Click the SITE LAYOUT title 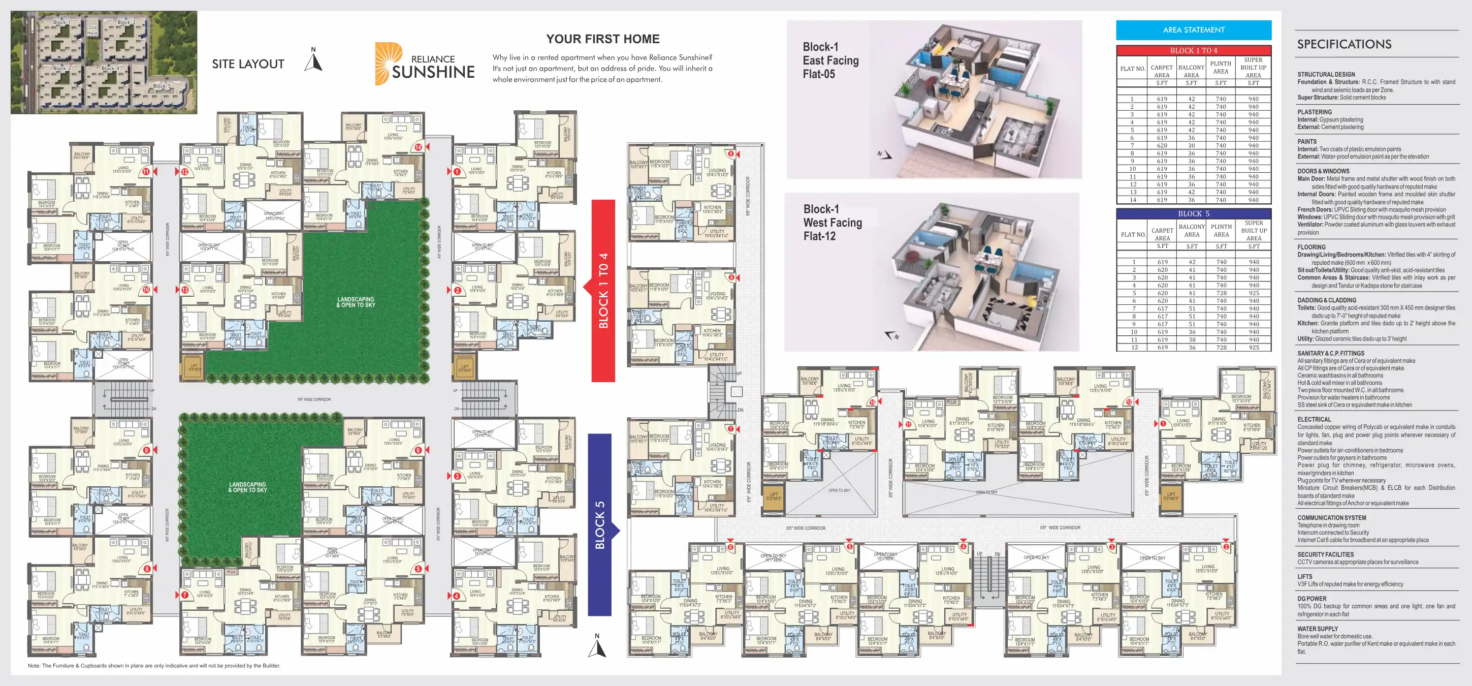point(248,64)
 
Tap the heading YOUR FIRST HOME point(602,39)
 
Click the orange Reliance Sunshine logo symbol point(387,63)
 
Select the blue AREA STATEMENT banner point(1193,29)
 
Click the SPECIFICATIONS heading point(1343,44)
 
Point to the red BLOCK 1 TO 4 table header point(1193,50)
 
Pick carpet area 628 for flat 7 point(1162,145)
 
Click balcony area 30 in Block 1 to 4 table point(1192,145)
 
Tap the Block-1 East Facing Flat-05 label point(830,60)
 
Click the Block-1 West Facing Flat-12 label point(832,223)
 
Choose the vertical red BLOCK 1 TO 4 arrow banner point(603,291)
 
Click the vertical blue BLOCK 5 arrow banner point(600,525)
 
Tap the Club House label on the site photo point(92,29)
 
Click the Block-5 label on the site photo point(162,86)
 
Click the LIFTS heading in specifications point(1304,577)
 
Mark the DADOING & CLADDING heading point(1326,300)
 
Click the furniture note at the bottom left point(154,666)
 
